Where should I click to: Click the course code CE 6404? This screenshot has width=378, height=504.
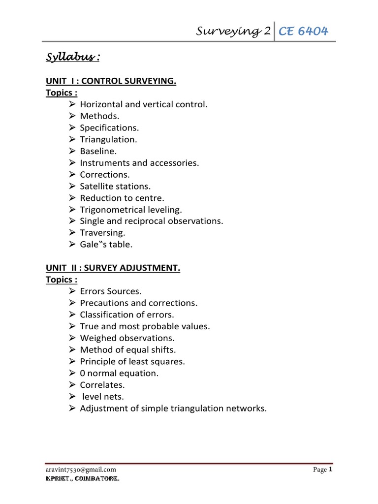pyautogui.click(x=303, y=32)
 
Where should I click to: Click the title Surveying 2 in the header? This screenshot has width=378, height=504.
pyautogui.click(x=234, y=32)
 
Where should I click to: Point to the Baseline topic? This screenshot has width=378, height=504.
pyautogui.click(x=98, y=151)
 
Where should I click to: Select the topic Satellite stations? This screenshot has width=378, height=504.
pyautogui.click(x=115, y=186)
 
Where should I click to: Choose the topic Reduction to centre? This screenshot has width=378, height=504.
pyautogui.click(x=122, y=198)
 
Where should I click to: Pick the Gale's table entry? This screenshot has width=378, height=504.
pyautogui.click(x=106, y=245)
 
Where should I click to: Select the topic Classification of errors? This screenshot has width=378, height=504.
pyautogui.click(x=127, y=315)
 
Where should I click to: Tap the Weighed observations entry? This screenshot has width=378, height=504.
pyautogui.click(x=127, y=338)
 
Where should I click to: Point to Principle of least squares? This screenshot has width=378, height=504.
pyautogui.click(x=132, y=361)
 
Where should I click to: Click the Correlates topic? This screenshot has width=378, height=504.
pyautogui.click(x=102, y=385)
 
